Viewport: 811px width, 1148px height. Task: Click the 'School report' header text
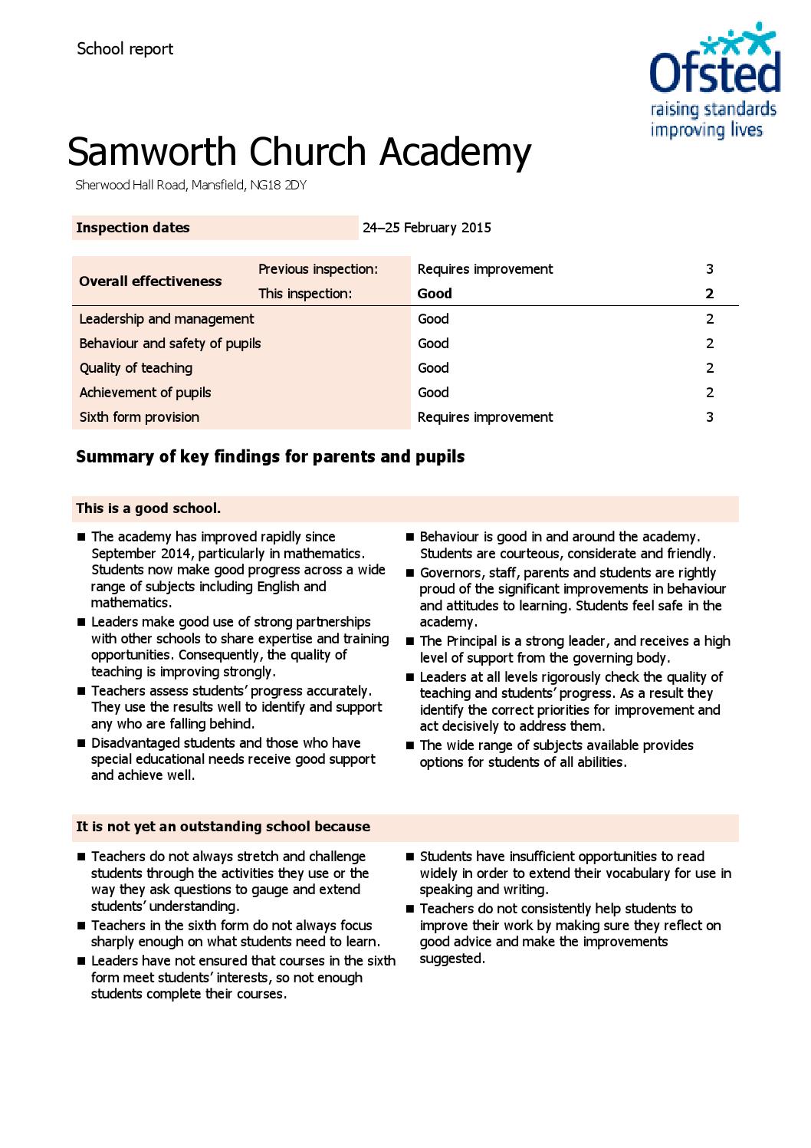[x=125, y=49]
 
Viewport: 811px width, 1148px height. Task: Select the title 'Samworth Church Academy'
[x=299, y=152]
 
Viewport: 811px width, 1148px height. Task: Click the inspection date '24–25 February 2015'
[x=427, y=228]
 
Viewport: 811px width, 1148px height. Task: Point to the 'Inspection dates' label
[x=133, y=228]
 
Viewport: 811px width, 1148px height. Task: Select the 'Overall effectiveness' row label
[x=150, y=281]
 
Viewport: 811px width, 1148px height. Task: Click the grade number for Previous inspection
[x=710, y=269]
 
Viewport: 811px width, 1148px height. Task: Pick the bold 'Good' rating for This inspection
[x=435, y=294]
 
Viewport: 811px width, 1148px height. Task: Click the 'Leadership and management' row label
[x=166, y=319]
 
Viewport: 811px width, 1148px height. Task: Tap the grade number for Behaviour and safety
[x=710, y=344]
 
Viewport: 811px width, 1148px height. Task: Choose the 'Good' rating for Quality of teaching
[x=433, y=368]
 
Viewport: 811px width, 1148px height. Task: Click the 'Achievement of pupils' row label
[x=145, y=393]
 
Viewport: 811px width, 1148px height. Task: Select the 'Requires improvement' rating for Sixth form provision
[x=484, y=417]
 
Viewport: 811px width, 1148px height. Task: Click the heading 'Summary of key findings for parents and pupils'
[x=270, y=457]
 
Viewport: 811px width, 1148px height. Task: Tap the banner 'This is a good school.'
[x=148, y=508]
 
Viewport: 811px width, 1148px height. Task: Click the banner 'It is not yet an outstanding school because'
[x=222, y=827]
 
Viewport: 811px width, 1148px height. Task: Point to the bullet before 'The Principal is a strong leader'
[x=410, y=642]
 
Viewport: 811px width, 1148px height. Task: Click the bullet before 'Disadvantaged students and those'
[x=81, y=743]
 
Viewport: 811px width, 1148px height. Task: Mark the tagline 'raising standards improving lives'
[x=713, y=120]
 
